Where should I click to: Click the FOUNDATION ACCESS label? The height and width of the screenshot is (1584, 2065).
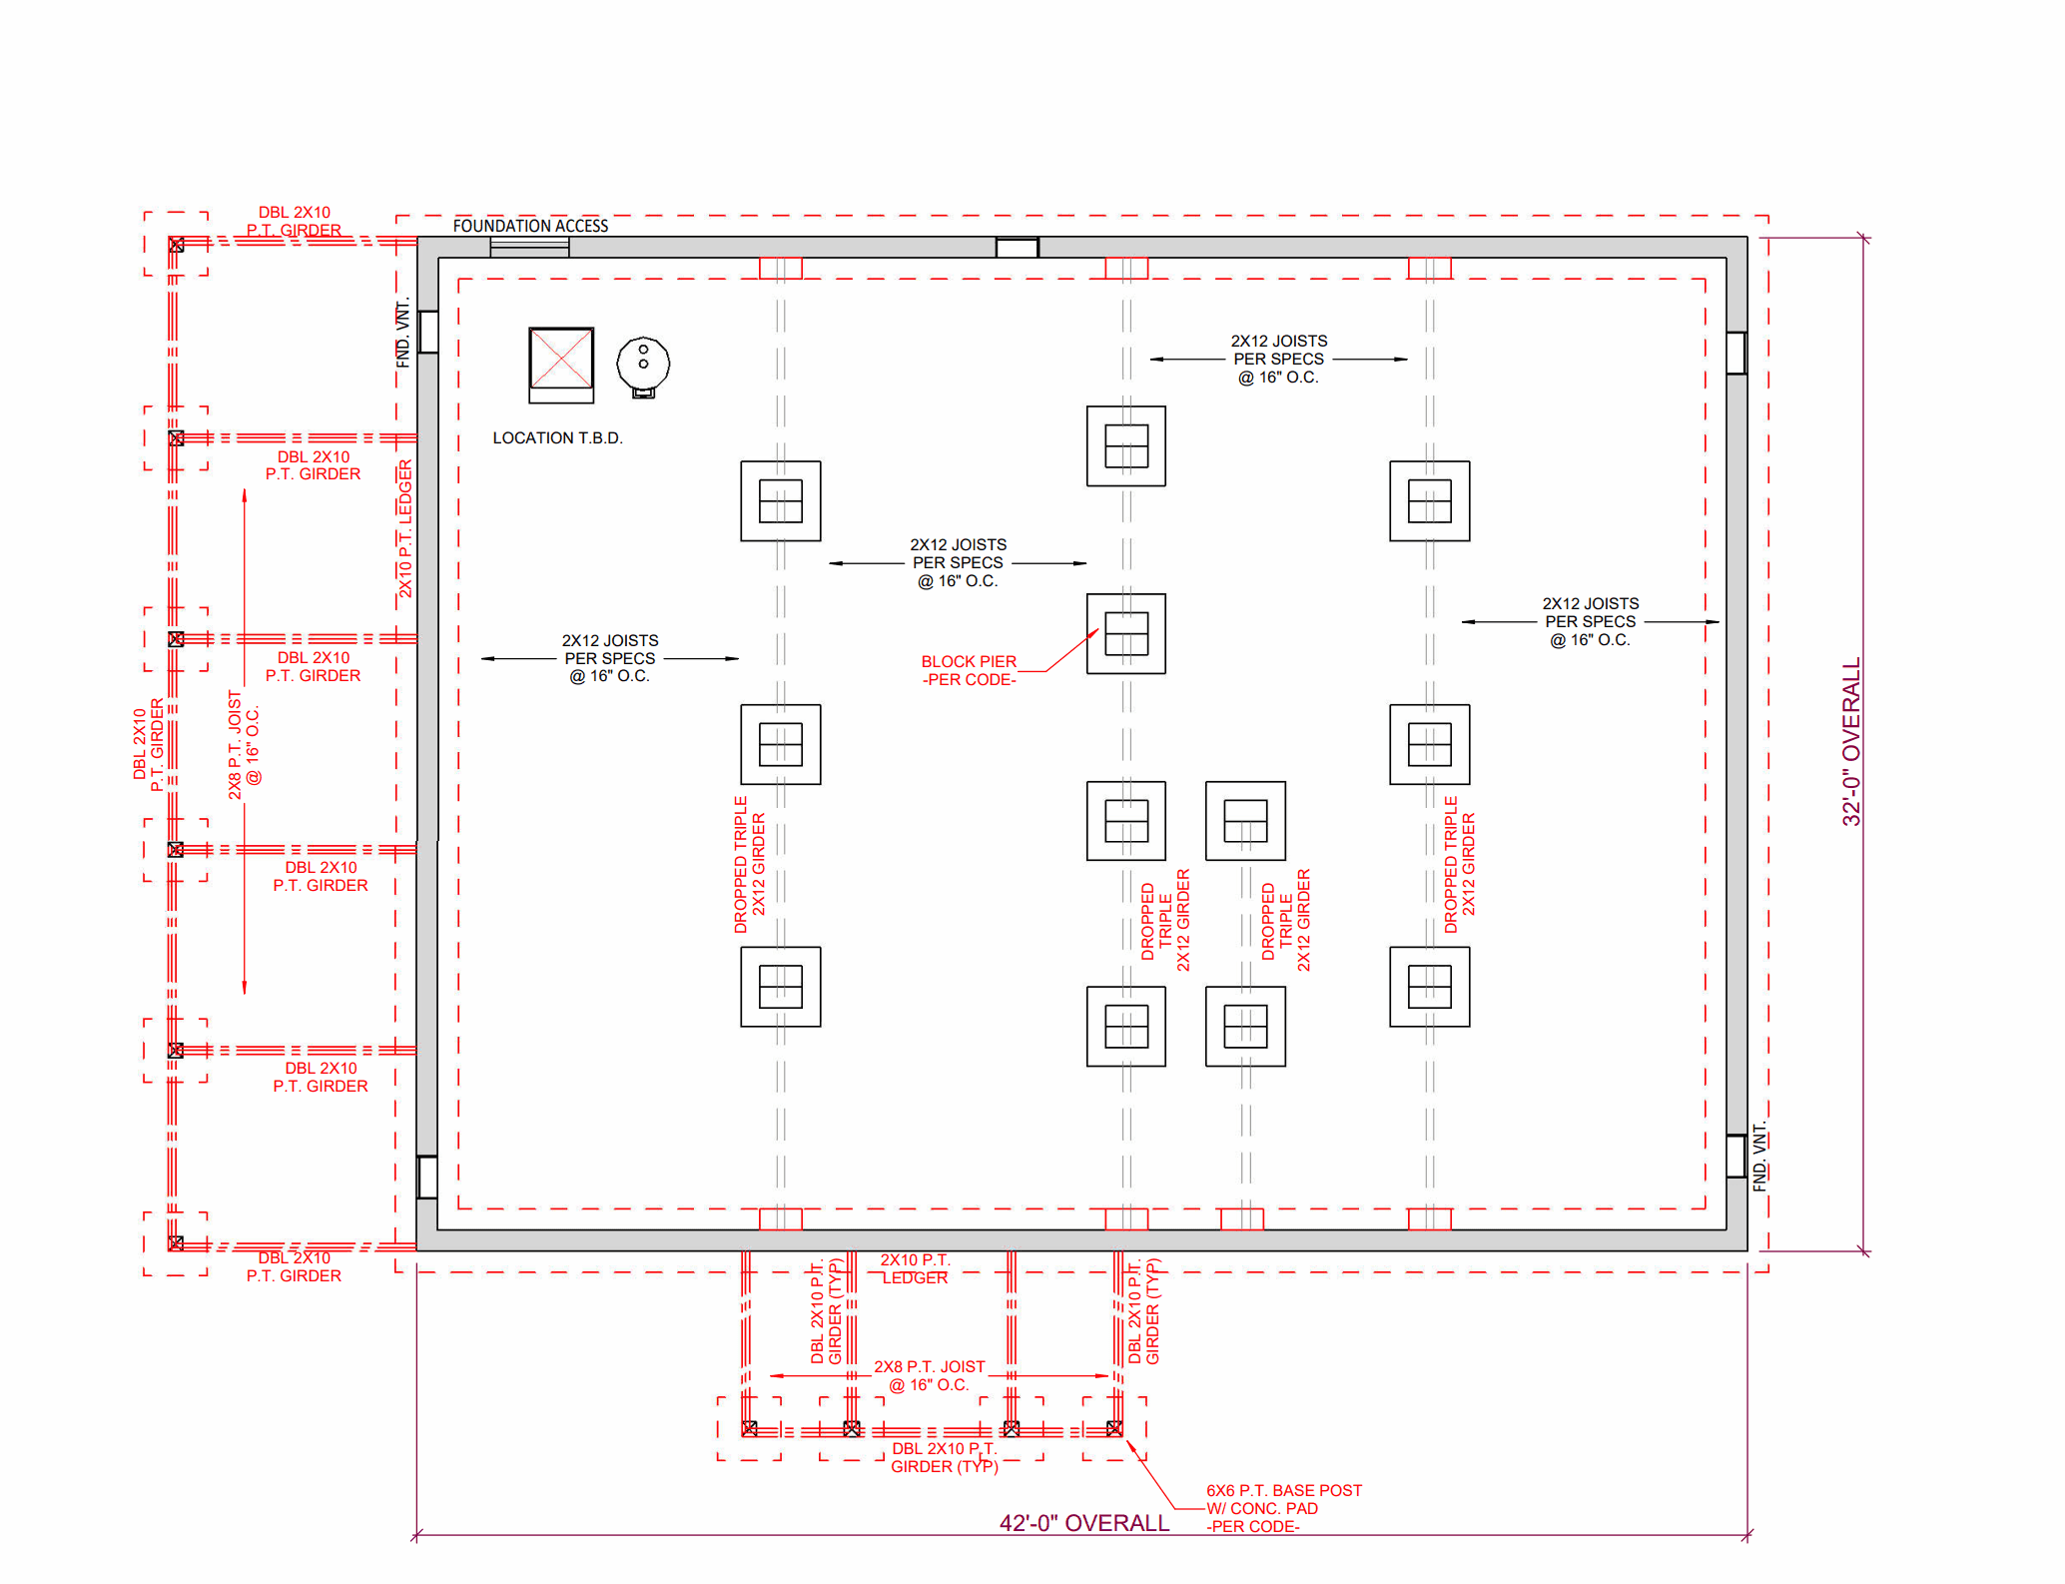530,226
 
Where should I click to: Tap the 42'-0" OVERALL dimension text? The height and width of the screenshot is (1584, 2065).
1083,1523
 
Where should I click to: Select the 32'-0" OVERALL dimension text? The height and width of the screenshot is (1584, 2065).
1851,741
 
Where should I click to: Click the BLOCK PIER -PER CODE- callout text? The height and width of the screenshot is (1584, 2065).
968,670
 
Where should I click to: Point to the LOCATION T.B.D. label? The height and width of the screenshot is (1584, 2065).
557,437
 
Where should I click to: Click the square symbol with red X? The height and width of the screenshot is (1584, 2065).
561,359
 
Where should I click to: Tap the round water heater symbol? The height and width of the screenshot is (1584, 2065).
643,363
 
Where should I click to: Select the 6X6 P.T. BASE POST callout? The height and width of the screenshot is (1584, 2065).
1282,1507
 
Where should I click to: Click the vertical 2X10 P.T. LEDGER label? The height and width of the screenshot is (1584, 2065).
405,529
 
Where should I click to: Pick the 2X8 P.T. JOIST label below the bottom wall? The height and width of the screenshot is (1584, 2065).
929,1375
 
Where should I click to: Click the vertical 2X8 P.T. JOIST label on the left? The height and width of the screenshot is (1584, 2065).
244,744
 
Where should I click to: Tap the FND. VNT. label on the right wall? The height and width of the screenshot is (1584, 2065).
1759,1157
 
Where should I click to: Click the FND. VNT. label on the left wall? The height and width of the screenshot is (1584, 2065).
403,334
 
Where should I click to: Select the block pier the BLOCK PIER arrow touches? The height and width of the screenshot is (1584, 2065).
1126,633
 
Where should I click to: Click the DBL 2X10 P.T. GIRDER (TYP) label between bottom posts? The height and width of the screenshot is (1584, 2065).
944,1457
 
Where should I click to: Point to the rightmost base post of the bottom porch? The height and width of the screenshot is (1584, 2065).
1114,1428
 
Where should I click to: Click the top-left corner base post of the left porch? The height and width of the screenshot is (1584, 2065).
177,245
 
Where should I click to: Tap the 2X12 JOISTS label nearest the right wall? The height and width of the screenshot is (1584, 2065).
1590,621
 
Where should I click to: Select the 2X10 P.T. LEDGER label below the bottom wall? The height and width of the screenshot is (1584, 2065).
915,1268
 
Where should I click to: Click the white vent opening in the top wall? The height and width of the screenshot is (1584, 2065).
1017,248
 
